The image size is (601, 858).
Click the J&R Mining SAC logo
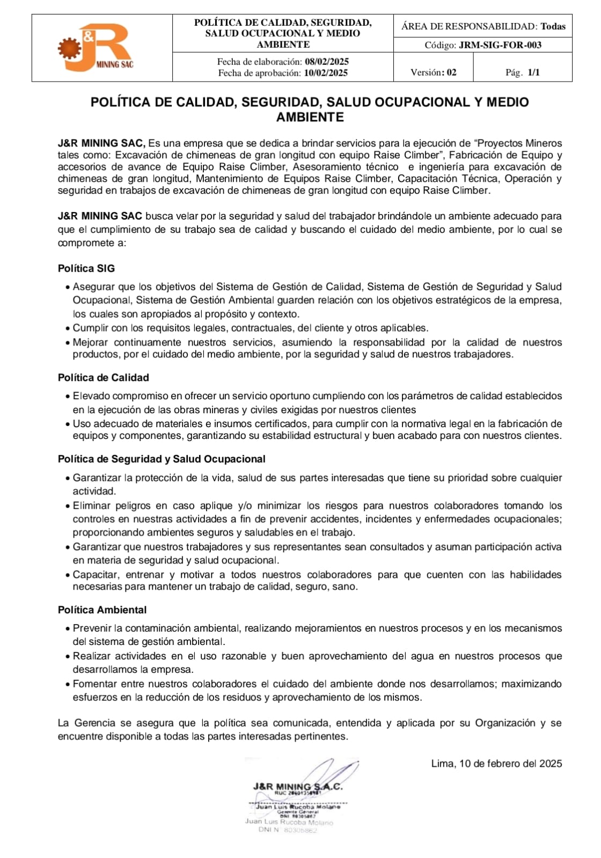(x=97, y=48)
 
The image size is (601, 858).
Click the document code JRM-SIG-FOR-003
(x=500, y=45)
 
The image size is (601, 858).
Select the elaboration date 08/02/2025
(x=327, y=62)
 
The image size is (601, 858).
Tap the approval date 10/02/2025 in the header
(x=326, y=73)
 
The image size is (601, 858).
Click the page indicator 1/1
(x=533, y=72)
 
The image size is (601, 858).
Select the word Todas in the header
(x=553, y=26)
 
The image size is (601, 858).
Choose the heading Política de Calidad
(x=104, y=378)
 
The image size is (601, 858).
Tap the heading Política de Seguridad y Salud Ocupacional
(x=162, y=459)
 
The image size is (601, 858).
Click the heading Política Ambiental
(x=102, y=610)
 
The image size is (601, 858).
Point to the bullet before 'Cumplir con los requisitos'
(x=68, y=329)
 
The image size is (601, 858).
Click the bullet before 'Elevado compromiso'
(x=68, y=397)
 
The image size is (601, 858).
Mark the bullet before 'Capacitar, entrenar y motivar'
(x=68, y=576)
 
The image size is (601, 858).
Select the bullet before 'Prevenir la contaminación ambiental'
(x=68, y=629)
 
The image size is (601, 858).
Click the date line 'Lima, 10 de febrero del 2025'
(x=496, y=764)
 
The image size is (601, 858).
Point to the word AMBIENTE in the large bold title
(x=310, y=117)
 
